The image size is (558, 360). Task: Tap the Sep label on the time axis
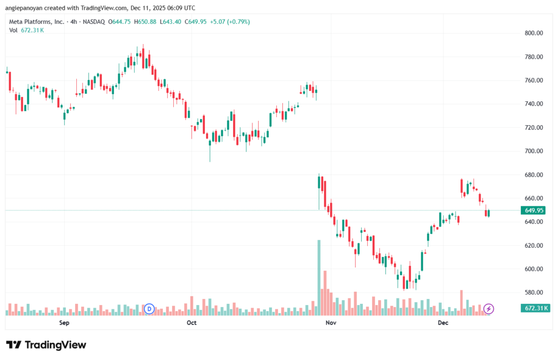tap(64, 323)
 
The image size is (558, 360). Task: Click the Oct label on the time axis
tap(191, 323)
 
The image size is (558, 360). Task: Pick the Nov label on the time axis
tap(329, 323)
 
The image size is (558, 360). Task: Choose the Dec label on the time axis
tap(443, 323)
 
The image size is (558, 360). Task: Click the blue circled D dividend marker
tap(149, 309)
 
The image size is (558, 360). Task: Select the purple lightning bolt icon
tap(489, 309)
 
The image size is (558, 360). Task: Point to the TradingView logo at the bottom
tap(46, 345)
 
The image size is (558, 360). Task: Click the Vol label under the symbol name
tap(13, 30)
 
